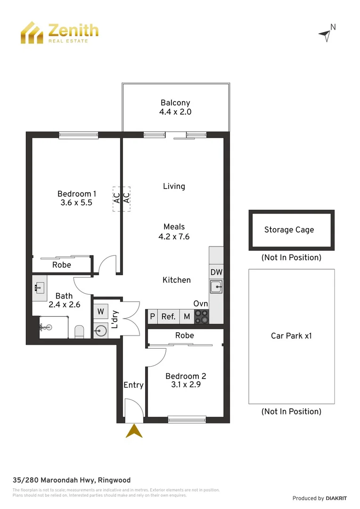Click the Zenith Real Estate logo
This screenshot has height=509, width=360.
click(x=59, y=33)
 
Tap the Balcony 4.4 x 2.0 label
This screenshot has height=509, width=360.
click(x=175, y=112)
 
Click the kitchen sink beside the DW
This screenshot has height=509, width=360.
click(x=216, y=286)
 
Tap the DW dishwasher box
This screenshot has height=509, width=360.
click(x=216, y=272)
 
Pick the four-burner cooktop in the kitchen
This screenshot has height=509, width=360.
click(x=202, y=316)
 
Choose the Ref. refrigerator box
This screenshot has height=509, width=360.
click(x=168, y=317)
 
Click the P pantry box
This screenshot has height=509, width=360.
click(x=152, y=317)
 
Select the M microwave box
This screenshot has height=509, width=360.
click(x=187, y=317)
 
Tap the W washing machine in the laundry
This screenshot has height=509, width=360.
click(x=101, y=312)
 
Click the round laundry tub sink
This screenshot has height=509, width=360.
click(x=101, y=330)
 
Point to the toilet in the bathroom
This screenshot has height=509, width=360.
click(x=79, y=332)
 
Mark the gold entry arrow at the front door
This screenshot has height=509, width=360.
click(x=134, y=431)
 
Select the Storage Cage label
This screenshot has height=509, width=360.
click(x=289, y=230)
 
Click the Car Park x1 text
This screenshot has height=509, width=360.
click(x=291, y=336)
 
